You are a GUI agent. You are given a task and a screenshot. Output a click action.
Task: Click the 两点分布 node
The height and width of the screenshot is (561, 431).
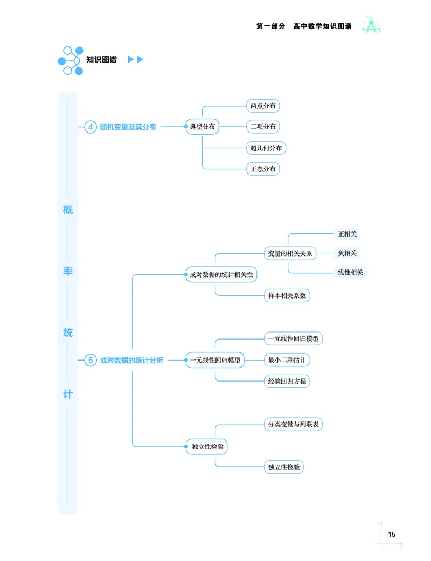point(262,106)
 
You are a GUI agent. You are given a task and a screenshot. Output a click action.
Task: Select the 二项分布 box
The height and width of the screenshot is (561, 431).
point(262,127)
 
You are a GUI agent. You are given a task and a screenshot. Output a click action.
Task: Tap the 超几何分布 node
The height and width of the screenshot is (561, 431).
point(266,148)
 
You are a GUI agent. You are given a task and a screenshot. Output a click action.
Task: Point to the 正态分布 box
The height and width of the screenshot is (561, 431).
point(262,169)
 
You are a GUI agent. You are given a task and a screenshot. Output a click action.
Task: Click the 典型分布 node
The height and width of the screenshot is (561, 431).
point(202,127)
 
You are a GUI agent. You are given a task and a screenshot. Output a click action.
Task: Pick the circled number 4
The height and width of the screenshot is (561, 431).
point(91,127)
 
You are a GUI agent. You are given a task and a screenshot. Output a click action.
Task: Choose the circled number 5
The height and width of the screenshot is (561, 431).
point(91,360)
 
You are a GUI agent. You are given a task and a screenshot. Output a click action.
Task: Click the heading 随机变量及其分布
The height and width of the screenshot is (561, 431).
point(128,127)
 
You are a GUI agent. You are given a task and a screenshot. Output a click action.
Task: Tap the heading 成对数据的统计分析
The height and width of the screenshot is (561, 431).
point(131,360)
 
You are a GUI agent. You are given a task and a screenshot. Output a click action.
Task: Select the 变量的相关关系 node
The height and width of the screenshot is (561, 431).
point(290,253)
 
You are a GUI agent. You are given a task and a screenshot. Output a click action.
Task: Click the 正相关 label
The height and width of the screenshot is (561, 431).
point(347,234)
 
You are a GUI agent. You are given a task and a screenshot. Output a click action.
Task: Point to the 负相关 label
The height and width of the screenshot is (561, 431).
point(347,253)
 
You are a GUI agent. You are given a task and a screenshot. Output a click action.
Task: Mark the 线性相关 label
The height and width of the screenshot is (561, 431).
point(350,272)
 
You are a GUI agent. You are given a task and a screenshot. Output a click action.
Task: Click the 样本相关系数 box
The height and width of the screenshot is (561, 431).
point(287,295)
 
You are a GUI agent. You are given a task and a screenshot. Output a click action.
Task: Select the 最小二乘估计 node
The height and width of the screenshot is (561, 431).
point(287,360)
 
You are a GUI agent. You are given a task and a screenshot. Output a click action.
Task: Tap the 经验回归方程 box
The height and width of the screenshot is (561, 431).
point(287,381)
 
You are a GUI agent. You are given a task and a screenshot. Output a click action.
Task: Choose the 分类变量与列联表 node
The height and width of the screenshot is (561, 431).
point(293,425)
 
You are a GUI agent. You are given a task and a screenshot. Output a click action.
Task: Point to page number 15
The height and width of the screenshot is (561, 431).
point(392,535)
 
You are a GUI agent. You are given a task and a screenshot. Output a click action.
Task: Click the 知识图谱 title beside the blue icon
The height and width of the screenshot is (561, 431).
point(101,60)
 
